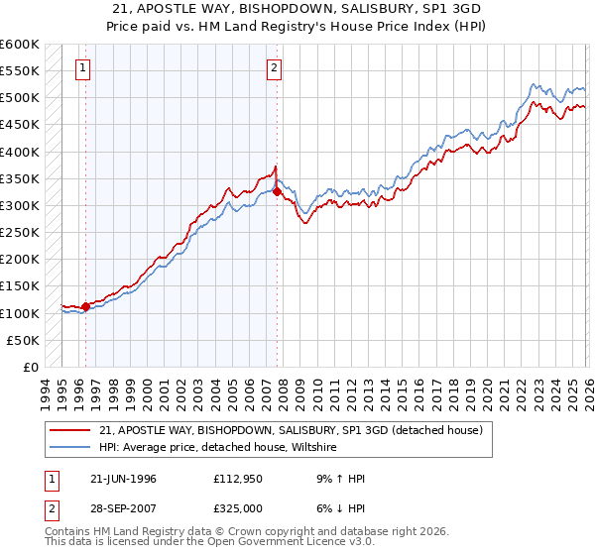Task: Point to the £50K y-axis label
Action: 22,340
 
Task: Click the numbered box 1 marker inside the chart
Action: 81,68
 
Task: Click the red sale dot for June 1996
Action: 86,306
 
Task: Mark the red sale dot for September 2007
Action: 277,192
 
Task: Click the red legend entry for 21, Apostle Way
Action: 291,430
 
